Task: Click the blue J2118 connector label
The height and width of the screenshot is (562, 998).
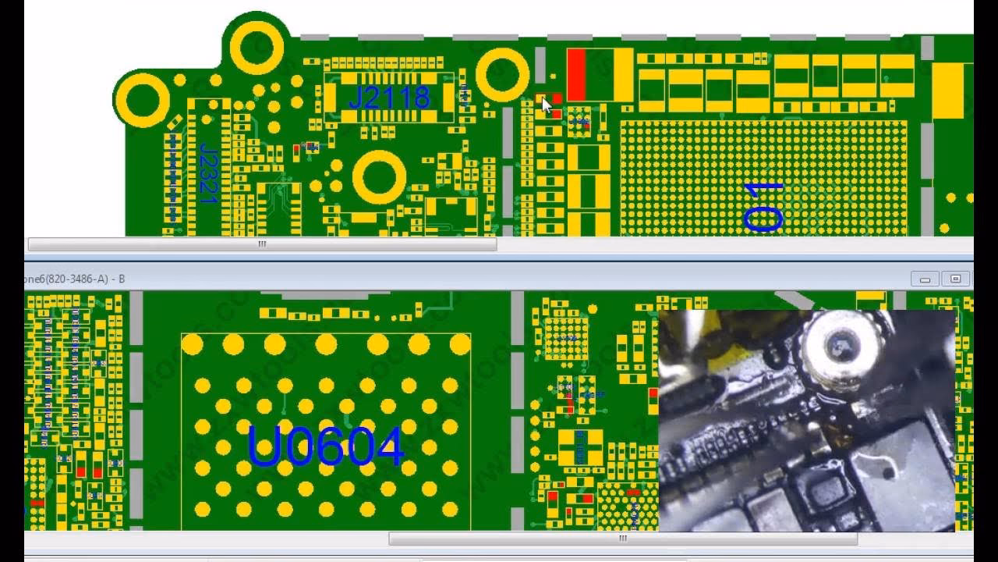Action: tap(388, 98)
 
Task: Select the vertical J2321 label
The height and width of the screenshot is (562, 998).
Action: tap(207, 173)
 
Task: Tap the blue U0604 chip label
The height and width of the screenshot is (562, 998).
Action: tap(325, 446)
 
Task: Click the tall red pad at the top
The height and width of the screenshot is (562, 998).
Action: tap(576, 75)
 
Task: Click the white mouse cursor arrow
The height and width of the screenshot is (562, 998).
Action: tap(546, 105)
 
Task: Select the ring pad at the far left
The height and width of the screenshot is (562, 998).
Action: tap(142, 100)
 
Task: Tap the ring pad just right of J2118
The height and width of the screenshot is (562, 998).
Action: tap(502, 75)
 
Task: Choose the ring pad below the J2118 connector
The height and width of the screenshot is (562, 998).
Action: tap(379, 177)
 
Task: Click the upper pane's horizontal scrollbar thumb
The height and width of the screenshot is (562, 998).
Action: tap(261, 244)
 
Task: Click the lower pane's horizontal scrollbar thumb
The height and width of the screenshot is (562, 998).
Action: tap(622, 539)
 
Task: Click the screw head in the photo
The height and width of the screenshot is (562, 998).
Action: tap(838, 343)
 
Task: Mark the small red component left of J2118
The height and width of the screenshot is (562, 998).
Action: tap(296, 148)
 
